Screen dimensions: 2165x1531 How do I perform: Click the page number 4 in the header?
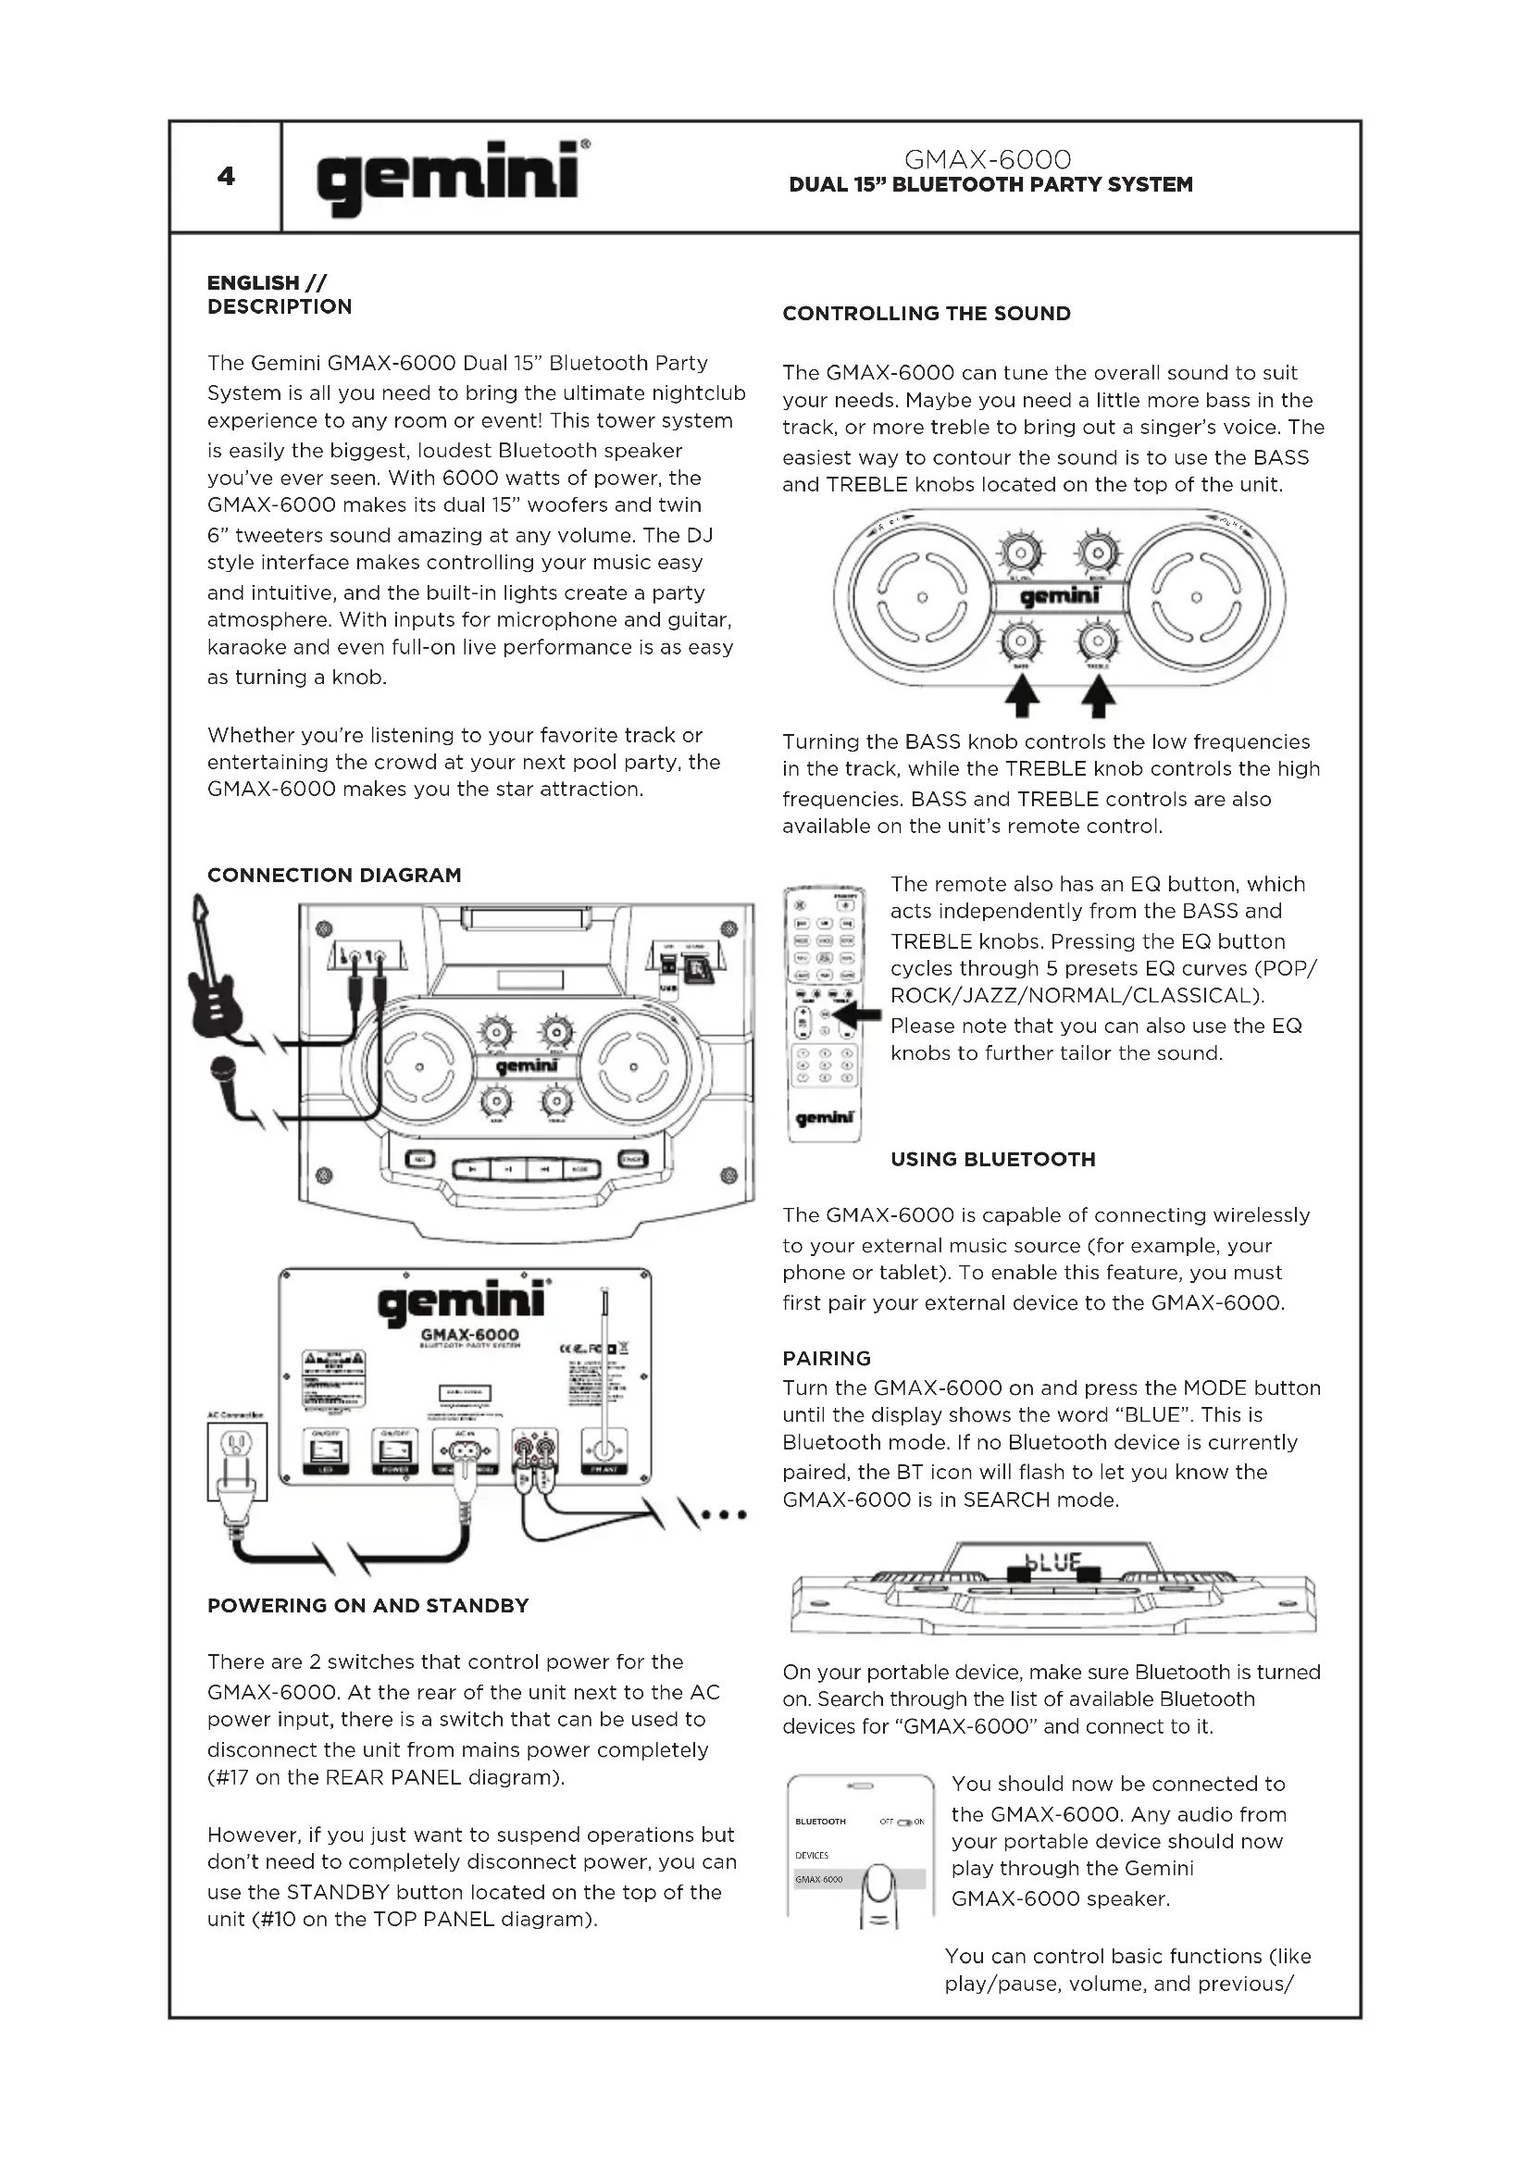pyautogui.click(x=225, y=177)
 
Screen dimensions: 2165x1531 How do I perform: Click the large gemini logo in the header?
pyautogui.click(x=449, y=177)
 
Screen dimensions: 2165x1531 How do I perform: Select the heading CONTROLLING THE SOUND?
pyautogui.click(x=926, y=314)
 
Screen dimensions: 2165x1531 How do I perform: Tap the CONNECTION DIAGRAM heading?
pyautogui.click(x=334, y=875)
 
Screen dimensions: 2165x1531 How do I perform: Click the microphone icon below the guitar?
pyautogui.click(x=224, y=1069)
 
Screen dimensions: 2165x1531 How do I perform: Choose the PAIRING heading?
pyautogui.click(x=826, y=1359)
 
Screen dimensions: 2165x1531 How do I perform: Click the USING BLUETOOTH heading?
pyautogui.click(x=992, y=1160)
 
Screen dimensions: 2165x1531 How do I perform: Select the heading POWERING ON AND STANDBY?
pyautogui.click(x=367, y=1606)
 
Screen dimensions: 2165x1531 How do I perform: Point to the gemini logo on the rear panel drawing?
pyautogui.click(x=462, y=1303)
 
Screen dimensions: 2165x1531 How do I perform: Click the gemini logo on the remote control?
pyautogui.click(x=825, y=1118)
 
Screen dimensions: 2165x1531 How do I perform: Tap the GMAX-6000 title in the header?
pyautogui.click(x=987, y=158)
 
